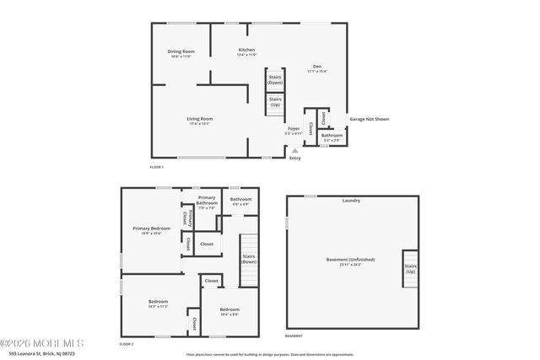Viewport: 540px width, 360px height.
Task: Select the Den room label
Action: coord(317,68)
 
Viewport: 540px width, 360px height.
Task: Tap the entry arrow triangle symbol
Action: coord(294,150)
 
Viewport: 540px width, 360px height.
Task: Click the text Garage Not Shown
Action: coord(370,119)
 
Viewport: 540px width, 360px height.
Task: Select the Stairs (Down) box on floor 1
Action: coord(275,80)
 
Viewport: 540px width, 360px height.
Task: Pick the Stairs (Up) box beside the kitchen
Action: coord(275,101)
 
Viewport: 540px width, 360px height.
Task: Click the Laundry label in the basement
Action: coord(351,201)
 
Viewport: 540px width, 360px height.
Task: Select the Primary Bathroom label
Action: coord(208,203)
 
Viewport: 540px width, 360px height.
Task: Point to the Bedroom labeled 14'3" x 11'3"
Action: coord(159,303)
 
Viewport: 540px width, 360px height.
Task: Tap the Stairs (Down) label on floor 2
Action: coord(249,259)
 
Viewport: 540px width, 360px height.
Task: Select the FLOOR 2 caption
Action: coord(127,344)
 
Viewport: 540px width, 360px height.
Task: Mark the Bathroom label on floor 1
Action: coord(332,137)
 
